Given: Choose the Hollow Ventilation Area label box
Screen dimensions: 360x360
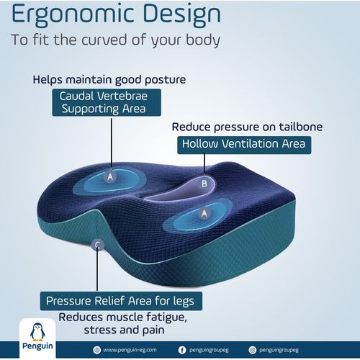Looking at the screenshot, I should click(x=243, y=144).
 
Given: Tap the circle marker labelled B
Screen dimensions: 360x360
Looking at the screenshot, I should click(x=204, y=183).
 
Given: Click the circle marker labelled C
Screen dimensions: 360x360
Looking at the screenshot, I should click(x=97, y=245).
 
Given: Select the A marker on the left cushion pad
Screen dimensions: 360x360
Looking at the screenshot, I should click(x=110, y=176).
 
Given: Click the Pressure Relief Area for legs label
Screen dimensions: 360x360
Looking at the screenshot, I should click(x=120, y=300).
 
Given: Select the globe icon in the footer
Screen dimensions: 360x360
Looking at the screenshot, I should click(x=96, y=350).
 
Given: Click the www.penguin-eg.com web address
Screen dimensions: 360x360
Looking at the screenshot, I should click(x=130, y=350).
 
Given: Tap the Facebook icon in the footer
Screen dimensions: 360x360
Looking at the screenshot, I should click(x=181, y=350).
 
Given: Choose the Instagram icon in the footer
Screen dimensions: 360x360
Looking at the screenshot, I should click(x=252, y=350).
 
